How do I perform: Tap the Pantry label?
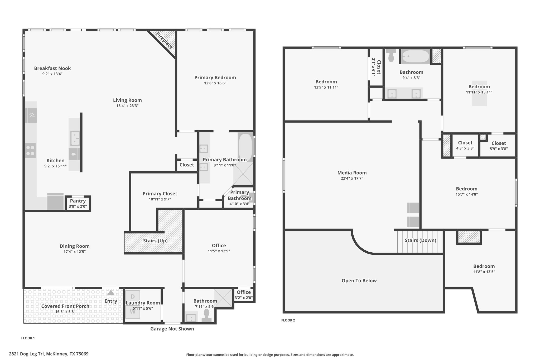[x=78, y=201]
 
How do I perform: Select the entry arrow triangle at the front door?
[x=111, y=293]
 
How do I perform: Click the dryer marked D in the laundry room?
[x=133, y=297]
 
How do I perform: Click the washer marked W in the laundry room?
[x=133, y=312]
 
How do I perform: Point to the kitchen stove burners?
[x=30, y=151]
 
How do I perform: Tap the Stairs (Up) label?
[x=155, y=241]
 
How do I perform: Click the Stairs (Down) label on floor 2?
[x=420, y=240]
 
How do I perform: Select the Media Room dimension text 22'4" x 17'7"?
[x=352, y=178]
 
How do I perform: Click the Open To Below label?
[x=359, y=281]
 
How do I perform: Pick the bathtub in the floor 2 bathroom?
[x=416, y=56]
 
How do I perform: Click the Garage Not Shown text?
[x=172, y=329]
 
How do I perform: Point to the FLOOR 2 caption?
[x=288, y=320]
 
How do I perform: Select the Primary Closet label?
[x=160, y=194]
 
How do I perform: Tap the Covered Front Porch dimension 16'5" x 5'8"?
[x=65, y=312]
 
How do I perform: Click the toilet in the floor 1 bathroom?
[x=207, y=316]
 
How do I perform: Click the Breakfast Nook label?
[x=52, y=68]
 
